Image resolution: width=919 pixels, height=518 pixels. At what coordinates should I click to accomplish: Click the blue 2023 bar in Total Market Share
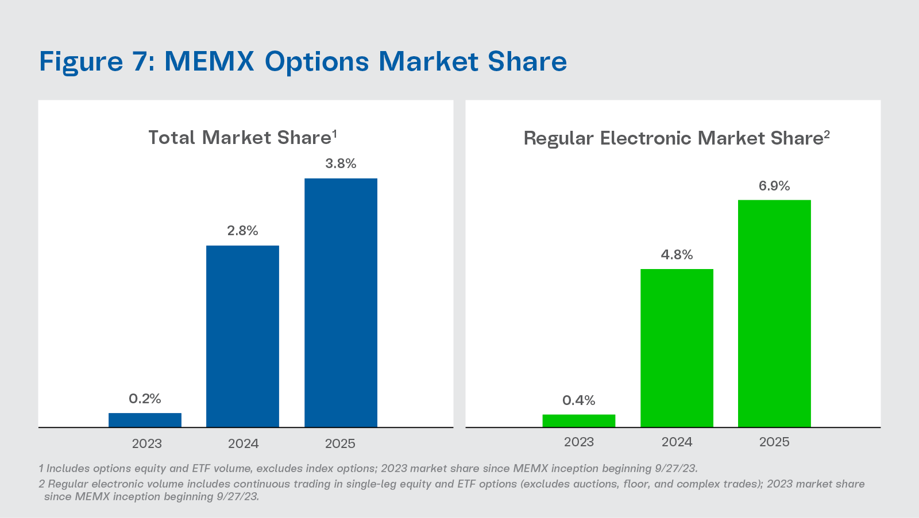click(145, 420)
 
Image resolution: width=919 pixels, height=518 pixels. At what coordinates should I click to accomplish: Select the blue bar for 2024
click(242, 336)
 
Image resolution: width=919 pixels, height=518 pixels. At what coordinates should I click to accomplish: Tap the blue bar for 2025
click(341, 302)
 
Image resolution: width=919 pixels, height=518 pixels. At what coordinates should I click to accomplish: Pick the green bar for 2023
click(578, 420)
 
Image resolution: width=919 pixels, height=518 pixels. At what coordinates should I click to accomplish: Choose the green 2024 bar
click(677, 348)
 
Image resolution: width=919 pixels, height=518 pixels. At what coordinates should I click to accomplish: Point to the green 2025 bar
click(774, 313)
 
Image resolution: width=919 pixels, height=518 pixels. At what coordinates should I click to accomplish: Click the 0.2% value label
click(145, 399)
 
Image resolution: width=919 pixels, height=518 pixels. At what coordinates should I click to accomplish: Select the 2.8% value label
click(242, 231)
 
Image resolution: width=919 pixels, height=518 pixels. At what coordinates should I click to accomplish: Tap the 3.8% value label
click(341, 163)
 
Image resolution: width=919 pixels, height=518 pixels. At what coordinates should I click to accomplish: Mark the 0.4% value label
click(578, 400)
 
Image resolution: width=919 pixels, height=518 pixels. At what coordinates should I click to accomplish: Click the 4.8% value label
click(677, 255)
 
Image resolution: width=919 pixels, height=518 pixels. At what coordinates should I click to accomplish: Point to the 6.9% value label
click(774, 186)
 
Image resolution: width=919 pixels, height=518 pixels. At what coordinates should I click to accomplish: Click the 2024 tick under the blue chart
click(243, 443)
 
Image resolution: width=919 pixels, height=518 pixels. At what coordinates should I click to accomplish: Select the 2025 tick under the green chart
click(774, 442)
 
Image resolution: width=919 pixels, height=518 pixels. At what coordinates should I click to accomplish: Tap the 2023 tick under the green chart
click(578, 442)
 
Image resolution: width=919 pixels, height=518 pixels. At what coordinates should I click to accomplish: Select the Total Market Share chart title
click(240, 138)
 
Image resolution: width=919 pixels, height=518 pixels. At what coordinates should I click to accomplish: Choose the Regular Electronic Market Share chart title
click(673, 138)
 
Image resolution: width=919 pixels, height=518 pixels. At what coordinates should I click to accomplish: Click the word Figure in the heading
click(81, 62)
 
